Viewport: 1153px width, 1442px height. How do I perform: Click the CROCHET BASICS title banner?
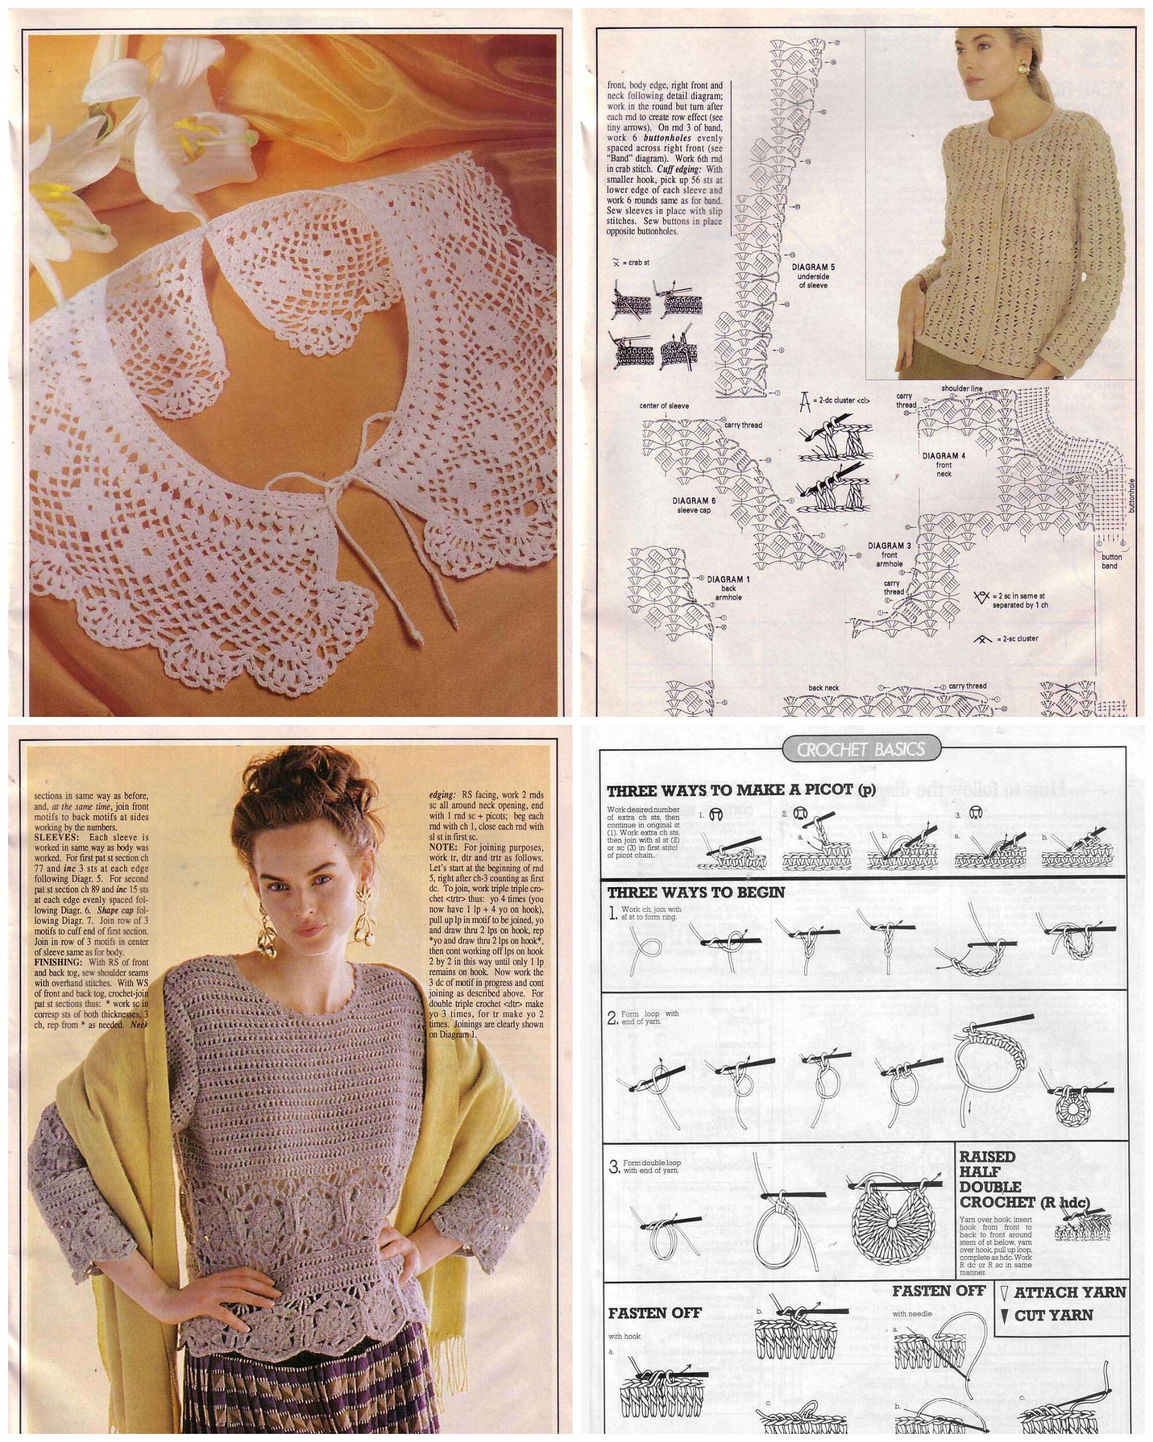coord(861,749)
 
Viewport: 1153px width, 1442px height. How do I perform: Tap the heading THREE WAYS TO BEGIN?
coord(696,892)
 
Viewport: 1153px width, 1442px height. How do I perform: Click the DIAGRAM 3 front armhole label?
coord(889,554)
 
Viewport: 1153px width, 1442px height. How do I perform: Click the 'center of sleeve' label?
coord(664,405)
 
